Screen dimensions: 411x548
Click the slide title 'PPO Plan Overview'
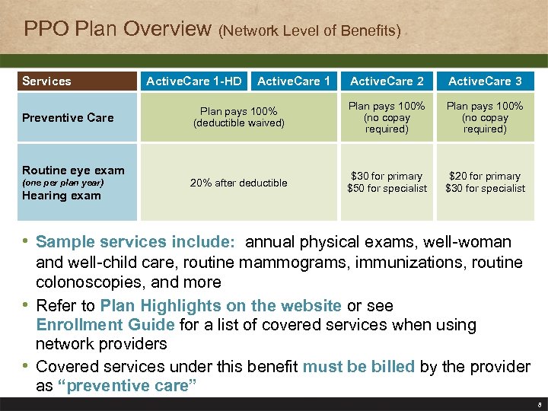117,30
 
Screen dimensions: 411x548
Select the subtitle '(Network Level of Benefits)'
309,31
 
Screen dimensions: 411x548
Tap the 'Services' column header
46,81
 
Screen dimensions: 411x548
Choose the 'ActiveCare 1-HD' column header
193,81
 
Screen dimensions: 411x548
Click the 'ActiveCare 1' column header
294,81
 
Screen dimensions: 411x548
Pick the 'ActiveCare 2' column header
387,81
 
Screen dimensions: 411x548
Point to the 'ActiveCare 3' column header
485,81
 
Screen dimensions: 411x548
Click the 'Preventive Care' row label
68,118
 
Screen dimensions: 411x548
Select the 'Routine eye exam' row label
73,170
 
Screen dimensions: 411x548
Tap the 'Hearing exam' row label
62,196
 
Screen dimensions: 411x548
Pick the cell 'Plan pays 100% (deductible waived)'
238,117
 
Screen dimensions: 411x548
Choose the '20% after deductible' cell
238,183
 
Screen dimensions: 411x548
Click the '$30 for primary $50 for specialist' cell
387,183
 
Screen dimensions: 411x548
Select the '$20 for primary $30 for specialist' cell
485,183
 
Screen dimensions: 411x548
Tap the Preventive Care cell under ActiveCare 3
485,117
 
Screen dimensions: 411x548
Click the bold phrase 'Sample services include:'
135,243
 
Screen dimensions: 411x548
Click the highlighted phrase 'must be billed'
358,366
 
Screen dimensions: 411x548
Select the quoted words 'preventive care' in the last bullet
126,386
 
